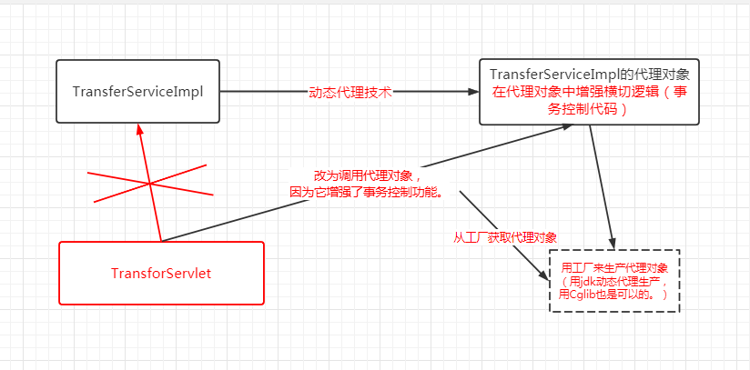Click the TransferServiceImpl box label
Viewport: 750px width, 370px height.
click(x=137, y=92)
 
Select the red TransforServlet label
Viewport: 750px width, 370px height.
click(x=161, y=273)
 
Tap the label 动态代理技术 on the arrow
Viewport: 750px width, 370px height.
click(x=350, y=92)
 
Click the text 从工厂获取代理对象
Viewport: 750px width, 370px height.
click(x=505, y=236)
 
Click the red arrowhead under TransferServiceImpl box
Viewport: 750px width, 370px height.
click(x=139, y=129)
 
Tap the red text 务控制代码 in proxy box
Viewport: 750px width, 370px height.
click(x=589, y=109)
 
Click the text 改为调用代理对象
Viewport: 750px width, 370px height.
click(x=363, y=175)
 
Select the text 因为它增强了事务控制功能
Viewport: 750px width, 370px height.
click(x=366, y=192)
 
